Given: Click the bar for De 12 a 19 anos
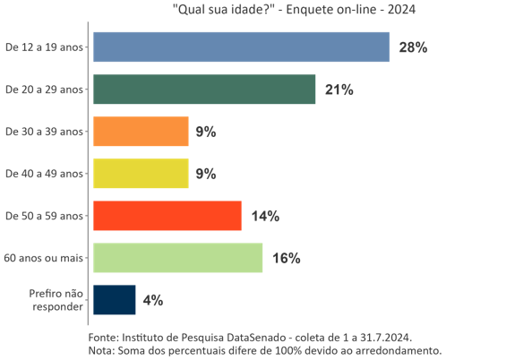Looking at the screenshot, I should point(241,47).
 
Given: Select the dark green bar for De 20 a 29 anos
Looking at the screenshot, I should point(204,90).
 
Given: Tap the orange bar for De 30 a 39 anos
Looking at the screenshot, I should point(141,132).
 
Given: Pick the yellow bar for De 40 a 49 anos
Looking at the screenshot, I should point(141,174).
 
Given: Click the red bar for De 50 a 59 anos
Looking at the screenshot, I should point(167,216).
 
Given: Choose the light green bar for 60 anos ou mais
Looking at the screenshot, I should point(177,258).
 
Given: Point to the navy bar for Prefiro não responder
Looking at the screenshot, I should point(115,300).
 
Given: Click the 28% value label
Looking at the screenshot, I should point(413,47).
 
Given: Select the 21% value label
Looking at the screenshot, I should point(339,90).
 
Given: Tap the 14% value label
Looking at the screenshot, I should point(265,216).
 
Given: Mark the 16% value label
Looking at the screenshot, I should point(286,258).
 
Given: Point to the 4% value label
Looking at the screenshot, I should point(152,300).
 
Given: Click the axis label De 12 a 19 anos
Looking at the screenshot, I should point(45,47).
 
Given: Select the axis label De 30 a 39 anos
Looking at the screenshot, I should point(45,132).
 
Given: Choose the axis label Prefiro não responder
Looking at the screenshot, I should point(56,300).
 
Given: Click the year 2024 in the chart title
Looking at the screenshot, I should point(400,10).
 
